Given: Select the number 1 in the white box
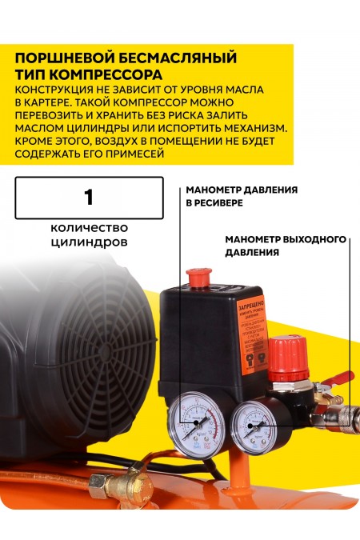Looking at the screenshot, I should click(x=89, y=197).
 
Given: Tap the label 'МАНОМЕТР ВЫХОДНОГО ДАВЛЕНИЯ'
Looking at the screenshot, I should click(x=285, y=245).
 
